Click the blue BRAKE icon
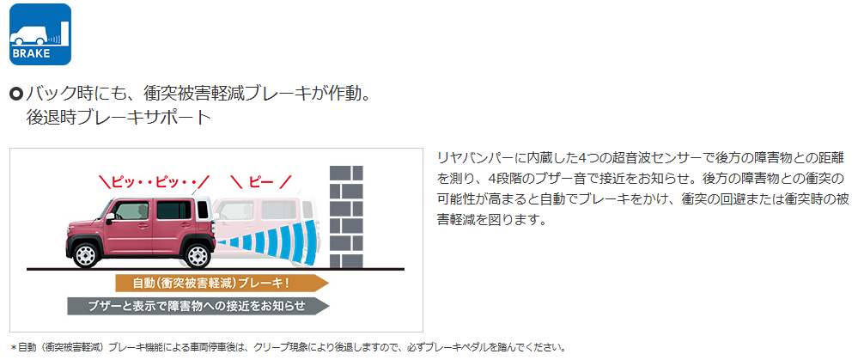click(40, 34)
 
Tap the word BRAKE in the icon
click(31, 53)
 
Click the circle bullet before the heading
click(16, 95)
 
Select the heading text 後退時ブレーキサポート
click(118, 118)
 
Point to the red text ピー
click(261, 180)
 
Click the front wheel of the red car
click(86, 254)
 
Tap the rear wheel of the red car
click(198, 254)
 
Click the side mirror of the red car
click(110, 217)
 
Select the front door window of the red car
click(131, 211)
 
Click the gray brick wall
click(346, 217)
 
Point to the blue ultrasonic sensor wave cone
click(268, 239)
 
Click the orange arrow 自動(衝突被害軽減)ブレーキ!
click(222, 283)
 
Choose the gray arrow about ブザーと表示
click(198, 306)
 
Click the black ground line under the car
click(215, 269)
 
